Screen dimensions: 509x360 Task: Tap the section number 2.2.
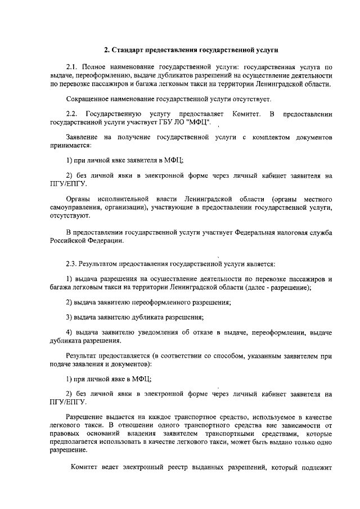[73, 115]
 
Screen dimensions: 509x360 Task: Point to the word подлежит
[318, 468]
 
